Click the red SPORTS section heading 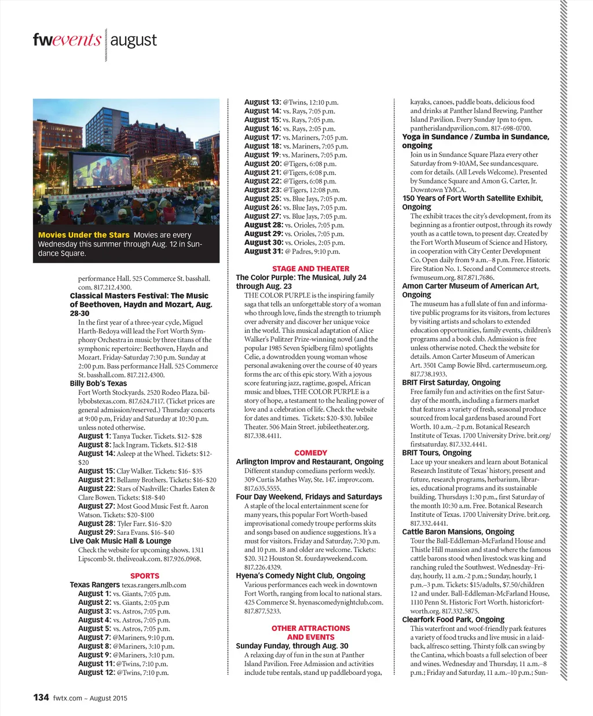coord(145,576)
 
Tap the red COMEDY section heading coord(310,453)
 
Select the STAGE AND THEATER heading coord(310,269)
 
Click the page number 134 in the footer coord(41,697)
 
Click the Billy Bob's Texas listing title coord(98,383)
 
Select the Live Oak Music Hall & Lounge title coord(120,541)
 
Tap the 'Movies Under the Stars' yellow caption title coord(83,235)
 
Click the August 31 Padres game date coord(263,251)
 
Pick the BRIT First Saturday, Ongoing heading coord(451,383)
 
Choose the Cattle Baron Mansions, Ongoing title coord(458,531)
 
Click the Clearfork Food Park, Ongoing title coord(453,619)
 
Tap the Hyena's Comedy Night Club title coord(301,576)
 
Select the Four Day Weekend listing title coord(309,497)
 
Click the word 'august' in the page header coord(133,41)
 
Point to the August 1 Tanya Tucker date coord(94,436)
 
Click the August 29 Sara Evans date coord(97,532)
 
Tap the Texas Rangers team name coord(95,585)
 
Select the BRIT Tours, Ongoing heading coord(437,453)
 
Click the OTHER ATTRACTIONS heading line coord(310,628)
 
